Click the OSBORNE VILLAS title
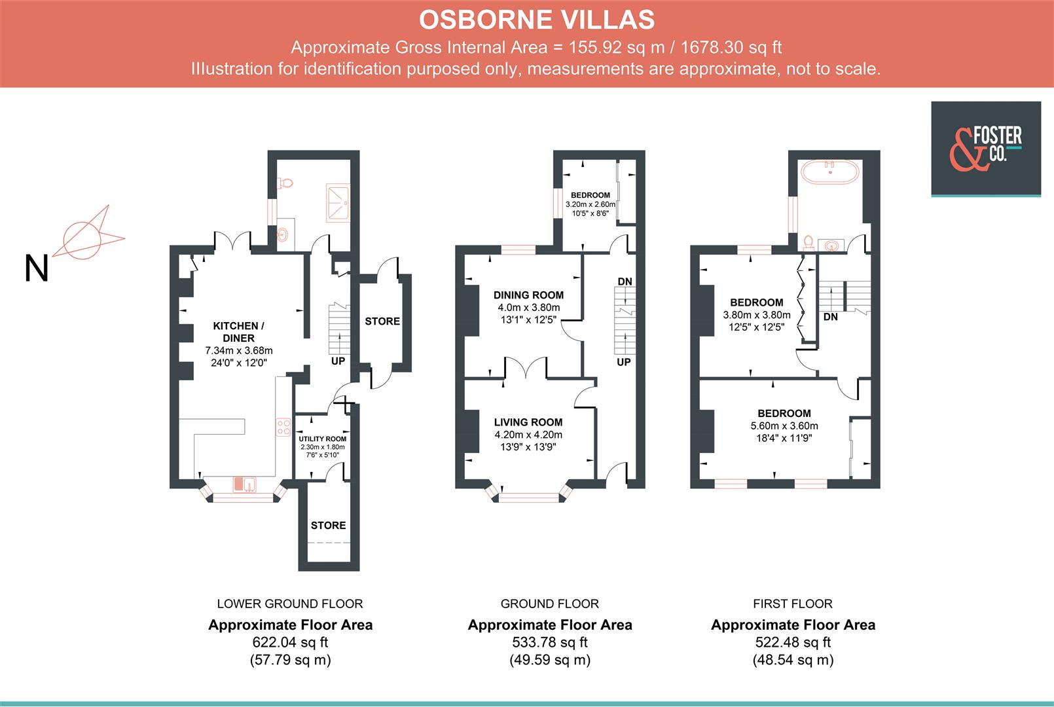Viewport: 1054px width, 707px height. coord(536,20)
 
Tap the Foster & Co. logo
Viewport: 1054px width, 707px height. coord(986,149)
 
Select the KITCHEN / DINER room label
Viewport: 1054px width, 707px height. coord(238,332)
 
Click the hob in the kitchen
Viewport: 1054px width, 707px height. coord(283,427)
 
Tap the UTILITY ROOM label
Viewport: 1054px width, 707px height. coord(323,439)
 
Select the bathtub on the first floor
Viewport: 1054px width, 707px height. coord(829,173)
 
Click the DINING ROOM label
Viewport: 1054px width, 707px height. coord(528,295)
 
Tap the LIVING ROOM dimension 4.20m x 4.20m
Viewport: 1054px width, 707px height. coord(528,435)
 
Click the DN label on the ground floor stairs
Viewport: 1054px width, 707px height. coord(625,281)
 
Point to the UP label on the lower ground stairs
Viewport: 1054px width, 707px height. coord(338,361)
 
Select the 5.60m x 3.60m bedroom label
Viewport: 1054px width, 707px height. coord(784,426)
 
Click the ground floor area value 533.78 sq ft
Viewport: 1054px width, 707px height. coord(549,642)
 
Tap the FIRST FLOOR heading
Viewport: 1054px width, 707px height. coord(792,604)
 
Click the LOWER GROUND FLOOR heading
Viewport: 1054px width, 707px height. coord(289,604)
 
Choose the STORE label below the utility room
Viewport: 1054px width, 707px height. coord(328,525)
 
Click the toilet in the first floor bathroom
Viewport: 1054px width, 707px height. coord(809,244)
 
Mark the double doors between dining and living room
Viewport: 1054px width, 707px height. coord(526,368)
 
